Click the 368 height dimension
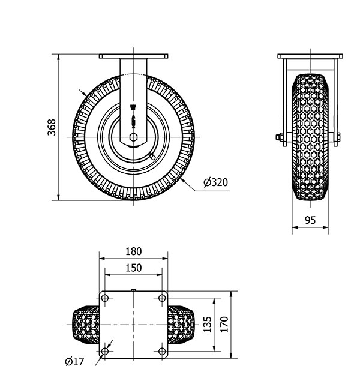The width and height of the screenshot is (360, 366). coord(52,128)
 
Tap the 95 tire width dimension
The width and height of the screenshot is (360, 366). coord(310,220)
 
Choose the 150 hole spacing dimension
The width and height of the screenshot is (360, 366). coord(133,268)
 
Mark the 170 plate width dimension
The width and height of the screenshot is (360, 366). coord(224,324)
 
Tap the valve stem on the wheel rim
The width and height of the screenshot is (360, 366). coord(150,157)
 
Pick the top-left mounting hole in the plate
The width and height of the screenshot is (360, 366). coord(105,298)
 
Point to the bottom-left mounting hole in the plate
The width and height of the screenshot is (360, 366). coord(105,350)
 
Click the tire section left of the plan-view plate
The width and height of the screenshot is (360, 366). coord(85,324)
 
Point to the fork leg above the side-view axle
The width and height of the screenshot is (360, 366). coord(133,90)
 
